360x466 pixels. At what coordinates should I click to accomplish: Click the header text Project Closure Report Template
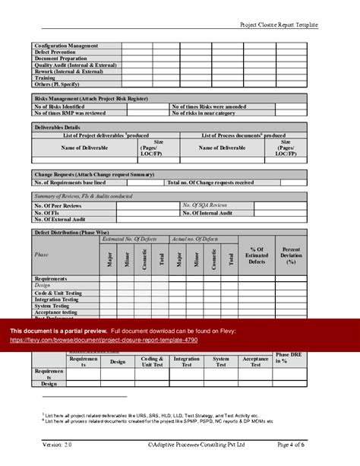click(x=279, y=25)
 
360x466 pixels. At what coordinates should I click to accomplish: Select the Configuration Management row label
click(x=67, y=46)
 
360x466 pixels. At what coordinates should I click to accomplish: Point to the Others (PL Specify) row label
click(x=61, y=84)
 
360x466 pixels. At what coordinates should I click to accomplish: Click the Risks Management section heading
click(x=90, y=99)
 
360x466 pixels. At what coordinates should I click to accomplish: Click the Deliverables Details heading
click(x=58, y=128)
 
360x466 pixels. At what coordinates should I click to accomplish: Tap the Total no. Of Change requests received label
click(x=210, y=182)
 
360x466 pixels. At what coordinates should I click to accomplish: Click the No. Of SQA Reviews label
click(x=204, y=205)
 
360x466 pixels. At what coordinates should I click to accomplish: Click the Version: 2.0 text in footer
click(x=58, y=444)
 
